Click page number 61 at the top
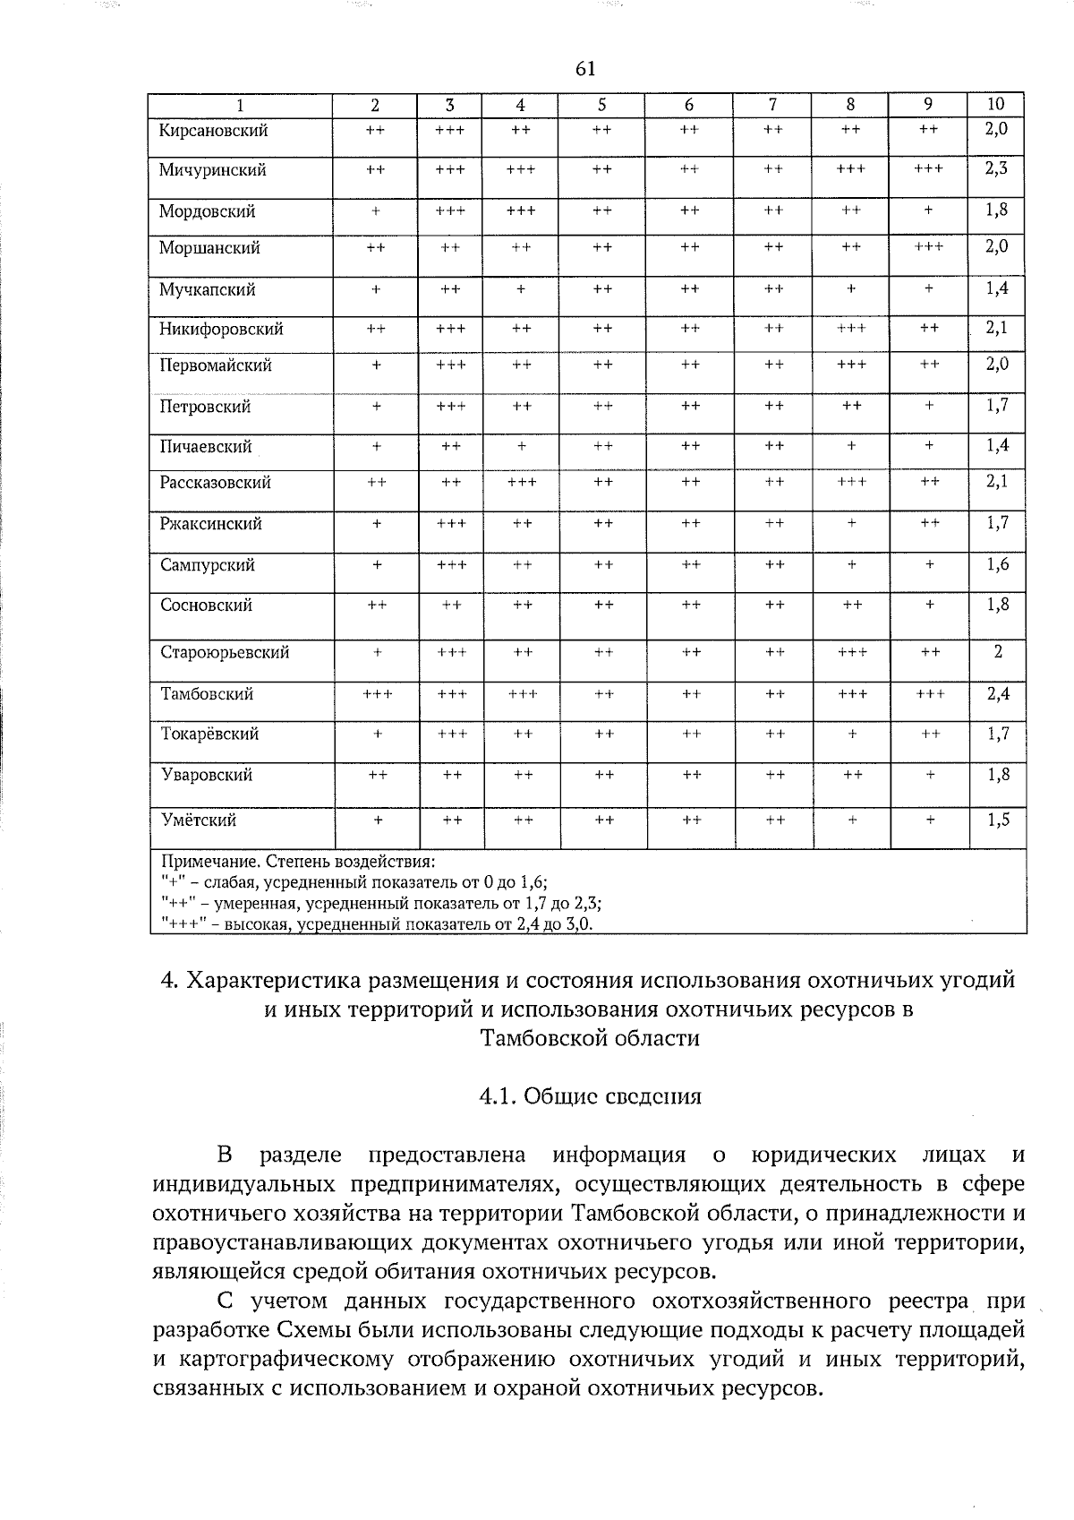tap(586, 70)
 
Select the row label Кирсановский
tap(213, 131)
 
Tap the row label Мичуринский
tap(212, 170)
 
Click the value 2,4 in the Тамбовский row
tap(998, 692)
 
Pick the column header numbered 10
tap(996, 104)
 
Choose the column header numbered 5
tap(601, 104)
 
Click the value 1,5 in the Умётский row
tap(998, 819)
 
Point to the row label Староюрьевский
tap(225, 653)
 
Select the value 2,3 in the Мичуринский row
tap(997, 168)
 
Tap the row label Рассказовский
tap(216, 483)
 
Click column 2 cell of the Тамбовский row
tap(378, 694)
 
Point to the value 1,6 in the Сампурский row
tap(998, 563)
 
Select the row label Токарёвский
tap(209, 734)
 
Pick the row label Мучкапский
tap(207, 290)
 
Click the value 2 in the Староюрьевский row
tap(998, 651)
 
